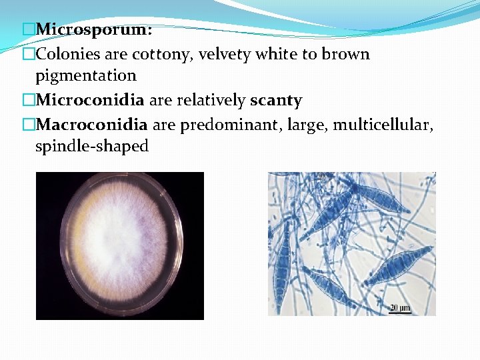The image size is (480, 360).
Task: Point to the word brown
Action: coord(345,54)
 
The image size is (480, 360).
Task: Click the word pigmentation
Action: coord(85,75)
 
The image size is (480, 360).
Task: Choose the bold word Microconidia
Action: coord(90,100)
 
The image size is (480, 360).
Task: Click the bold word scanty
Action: coord(276,100)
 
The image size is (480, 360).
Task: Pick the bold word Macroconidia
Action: coord(91,124)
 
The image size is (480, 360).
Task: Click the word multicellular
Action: coord(385,124)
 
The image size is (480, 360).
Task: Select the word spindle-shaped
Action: coord(91,146)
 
